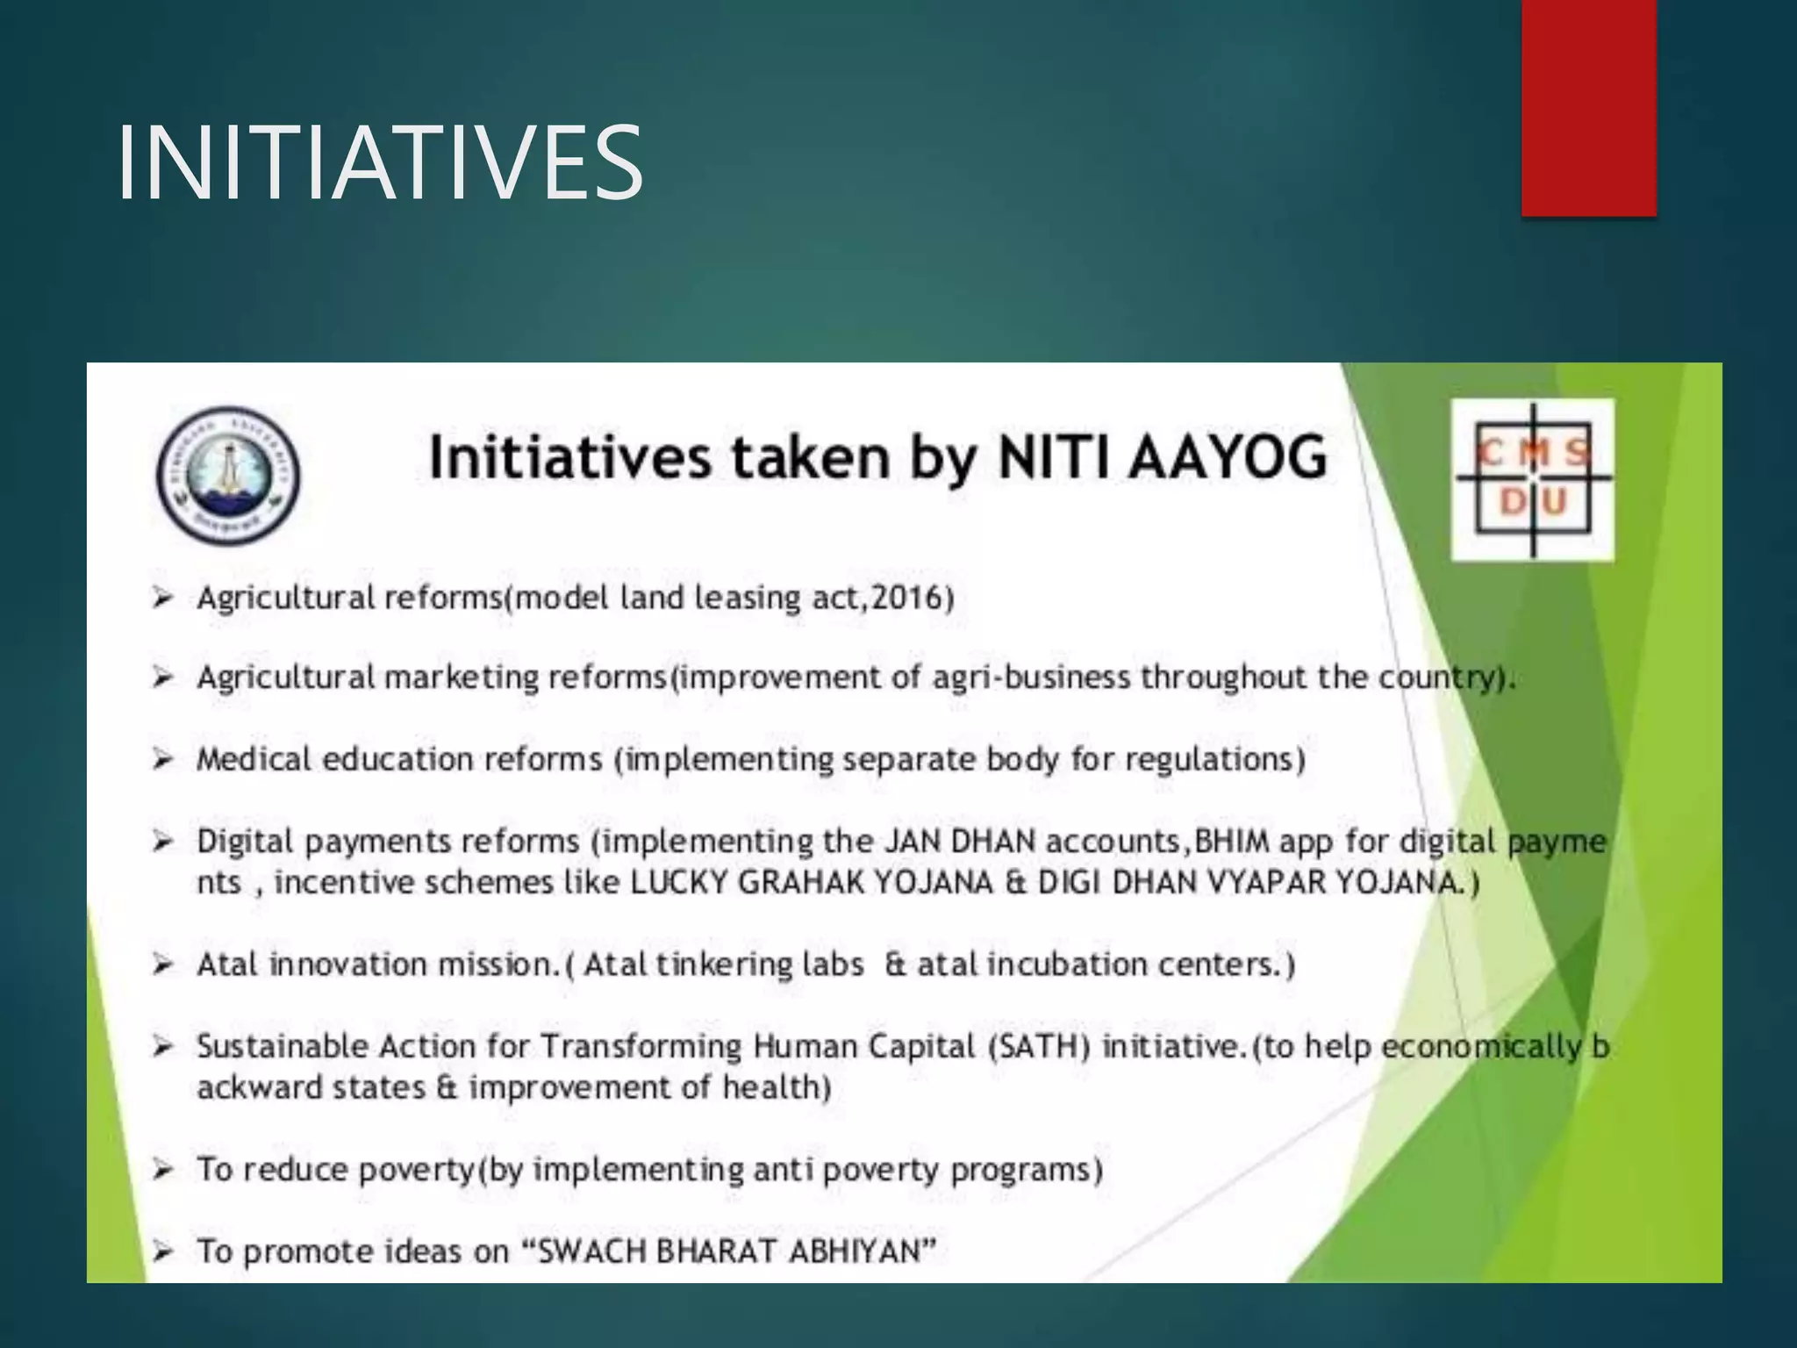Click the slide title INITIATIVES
380,163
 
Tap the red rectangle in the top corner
1588,107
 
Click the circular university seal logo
228,475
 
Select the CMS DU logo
1532,479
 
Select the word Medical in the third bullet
254,759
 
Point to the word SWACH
591,1251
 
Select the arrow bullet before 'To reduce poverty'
161,1169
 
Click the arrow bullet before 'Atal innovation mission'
161,964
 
